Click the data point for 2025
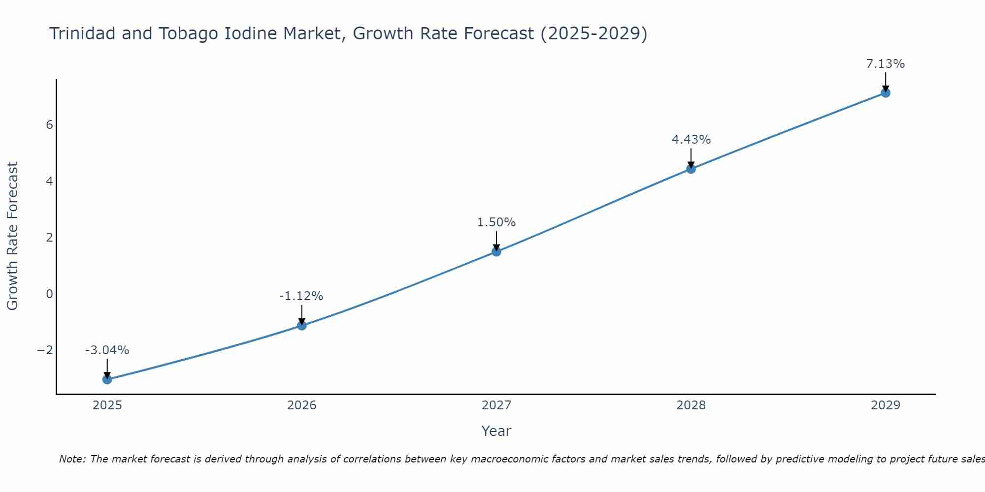click(x=107, y=379)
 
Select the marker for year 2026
click(x=302, y=325)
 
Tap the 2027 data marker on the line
click(x=496, y=251)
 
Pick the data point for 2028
click(x=691, y=169)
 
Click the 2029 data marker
click(x=886, y=92)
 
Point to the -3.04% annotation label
click(x=107, y=350)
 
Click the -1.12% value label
click(x=301, y=296)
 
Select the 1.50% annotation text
click(x=496, y=222)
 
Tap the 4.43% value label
click(x=691, y=140)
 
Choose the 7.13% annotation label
click(x=886, y=64)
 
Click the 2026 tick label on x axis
click(x=302, y=405)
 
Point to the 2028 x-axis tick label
click(x=691, y=405)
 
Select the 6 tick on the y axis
click(x=49, y=125)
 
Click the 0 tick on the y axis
click(x=49, y=294)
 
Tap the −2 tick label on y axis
click(x=45, y=350)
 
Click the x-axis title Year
click(x=496, y=431)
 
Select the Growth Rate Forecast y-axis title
click(x=12, y=236)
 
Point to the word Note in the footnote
click(x=72, y=459)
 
